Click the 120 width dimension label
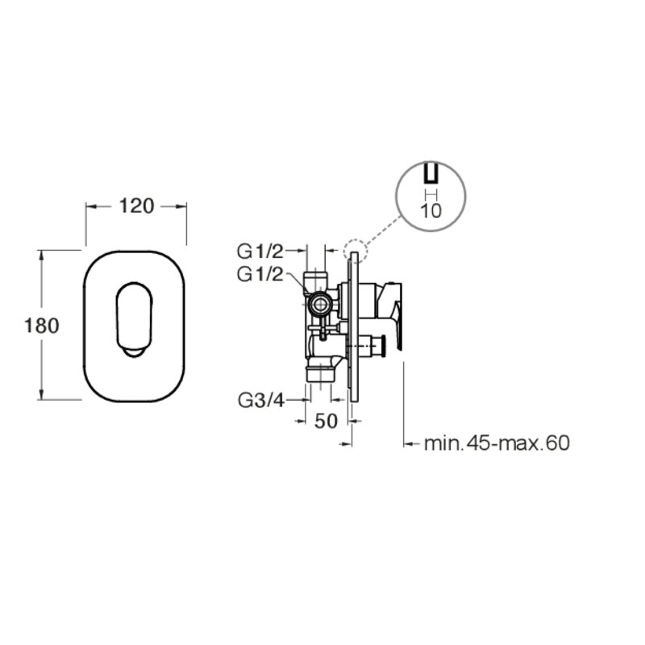[136, 206]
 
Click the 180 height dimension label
[42, 326]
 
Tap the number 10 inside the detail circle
[431, 211]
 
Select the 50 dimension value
[326, 421]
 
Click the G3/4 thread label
[261, 400]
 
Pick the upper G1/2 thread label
[260, 252]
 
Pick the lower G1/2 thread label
[260, 274]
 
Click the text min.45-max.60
[497, 443]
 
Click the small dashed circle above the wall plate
[355, 251]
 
